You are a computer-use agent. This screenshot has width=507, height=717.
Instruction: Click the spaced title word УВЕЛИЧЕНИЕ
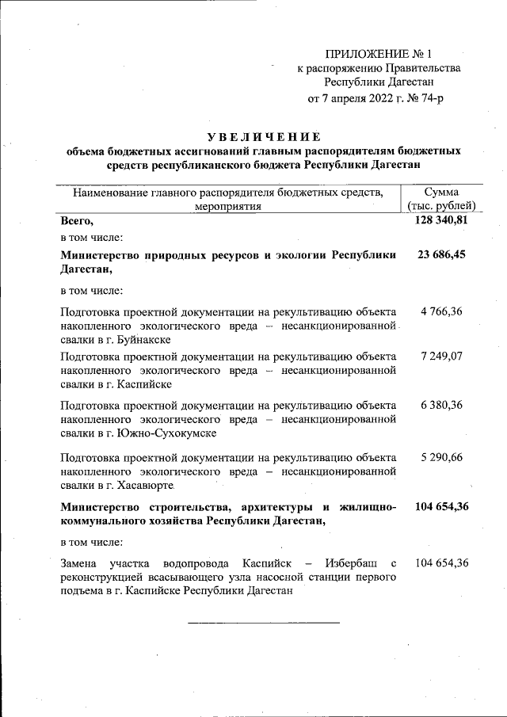260,136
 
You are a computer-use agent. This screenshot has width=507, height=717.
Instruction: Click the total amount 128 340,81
441,221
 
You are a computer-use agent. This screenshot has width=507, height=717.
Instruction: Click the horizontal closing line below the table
263,622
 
